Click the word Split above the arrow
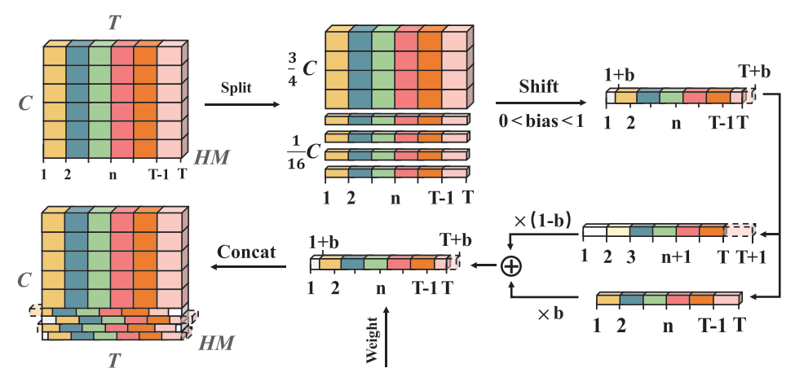pyautogui.click(x=236, y=88)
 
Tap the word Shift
pyautogui.click(x=538, y=86)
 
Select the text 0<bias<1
pyautogui.click(x=541, y=121)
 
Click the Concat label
pyautogui.click(x=246, y=252)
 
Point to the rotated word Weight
pyautogui.click(x=373, y=340)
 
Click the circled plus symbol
pyautogui.click(x=511, y=265)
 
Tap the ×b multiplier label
pyautogui.click(x=550, y=313)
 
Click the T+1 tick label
pyautogui.click(x=751, y=256)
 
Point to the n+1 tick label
pyautogui.click(x=676, y=257)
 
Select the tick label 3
pyautogui.click(x=630, y=256)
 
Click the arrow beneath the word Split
pyautogui.click(x=242, y=105)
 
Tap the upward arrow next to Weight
pyautogui.click(x=386, y=336)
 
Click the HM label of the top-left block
pyautogui.click(x=212, y=158)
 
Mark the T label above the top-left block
pyautogui.click(x=115, y=23)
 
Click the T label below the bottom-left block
pyautogui.click(x=114, y=361)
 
